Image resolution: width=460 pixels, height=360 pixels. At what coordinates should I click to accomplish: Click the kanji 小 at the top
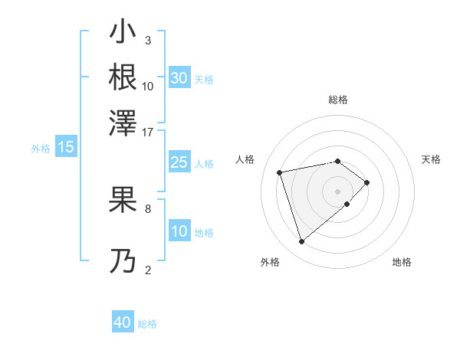pyautogui.click(x=123, y=33)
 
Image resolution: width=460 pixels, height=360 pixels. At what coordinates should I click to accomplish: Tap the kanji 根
pyautogui.click(x=123, y=77)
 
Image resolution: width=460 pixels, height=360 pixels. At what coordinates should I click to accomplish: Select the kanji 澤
pyautogui.click(x=123, y=121)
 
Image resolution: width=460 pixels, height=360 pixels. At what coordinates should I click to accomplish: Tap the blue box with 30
pyautogui.click(x=179, y=78)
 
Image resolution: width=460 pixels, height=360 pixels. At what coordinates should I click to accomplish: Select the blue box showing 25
pyautogui.click(x=179, y=162)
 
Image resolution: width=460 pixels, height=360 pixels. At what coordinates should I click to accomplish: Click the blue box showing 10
pyautogui.click(x=179, y=231)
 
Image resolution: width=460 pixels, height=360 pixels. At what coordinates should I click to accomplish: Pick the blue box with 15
pyautogui.click(x=66, y=147)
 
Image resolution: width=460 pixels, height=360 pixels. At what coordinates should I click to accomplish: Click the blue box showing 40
pyautogui.click(x=123, y=322)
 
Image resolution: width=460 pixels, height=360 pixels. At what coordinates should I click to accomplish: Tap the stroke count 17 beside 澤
pyautogui.click(x=148, y=131)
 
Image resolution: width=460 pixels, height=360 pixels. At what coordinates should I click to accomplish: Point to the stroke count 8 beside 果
pyautogui.click(x=148, y=208)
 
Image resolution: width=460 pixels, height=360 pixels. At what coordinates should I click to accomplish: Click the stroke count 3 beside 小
pyautogui.click(x=148, y=40)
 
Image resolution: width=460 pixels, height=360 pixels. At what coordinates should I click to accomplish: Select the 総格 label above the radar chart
pyautogui.click(x=338, y=100)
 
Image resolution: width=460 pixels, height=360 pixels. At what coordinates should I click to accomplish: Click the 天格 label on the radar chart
pyautogui.click(x=431, y=159)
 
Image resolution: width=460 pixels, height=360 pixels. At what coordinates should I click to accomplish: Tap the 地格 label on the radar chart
pyautogui.click(x=402, y=262)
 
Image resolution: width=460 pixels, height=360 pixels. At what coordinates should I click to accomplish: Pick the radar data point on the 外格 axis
pyautogui.click(x=302, y=242)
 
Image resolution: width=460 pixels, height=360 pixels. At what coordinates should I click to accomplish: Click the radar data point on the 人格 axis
pyautogui.click(x=281, y=172)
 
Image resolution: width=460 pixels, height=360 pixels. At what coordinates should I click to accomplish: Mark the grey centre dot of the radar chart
pyautogui.click(x=338, y=190)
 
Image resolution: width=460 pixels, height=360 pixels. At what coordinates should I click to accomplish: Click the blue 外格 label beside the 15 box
pyautogui.click(x=41, y=149)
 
